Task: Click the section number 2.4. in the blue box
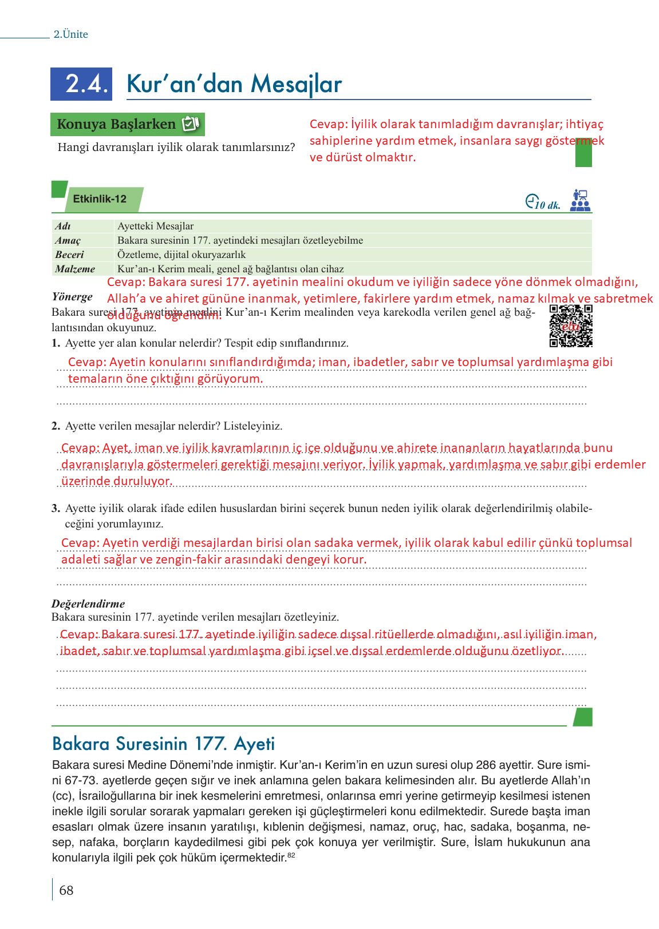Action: (86, 84)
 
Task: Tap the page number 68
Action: (66, 890)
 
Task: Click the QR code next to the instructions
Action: (570, 326)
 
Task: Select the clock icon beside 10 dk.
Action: (531, 202)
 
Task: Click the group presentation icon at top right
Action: (580, 201)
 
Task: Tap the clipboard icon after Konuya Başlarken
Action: (190, 124)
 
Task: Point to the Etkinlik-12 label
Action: (100, 199)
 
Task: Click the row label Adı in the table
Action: (63, 226)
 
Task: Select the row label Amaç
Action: (68, 240)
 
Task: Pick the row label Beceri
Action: (70, 255)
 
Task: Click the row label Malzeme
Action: (75, 269)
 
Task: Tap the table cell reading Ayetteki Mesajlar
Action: (156, 226)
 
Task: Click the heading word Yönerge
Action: (72, 297)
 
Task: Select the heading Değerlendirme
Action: (88, 604)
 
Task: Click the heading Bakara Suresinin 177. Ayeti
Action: (163, 744)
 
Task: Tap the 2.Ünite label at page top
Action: (71, 34)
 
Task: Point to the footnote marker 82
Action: (291, 855)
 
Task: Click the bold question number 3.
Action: (56, 509)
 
